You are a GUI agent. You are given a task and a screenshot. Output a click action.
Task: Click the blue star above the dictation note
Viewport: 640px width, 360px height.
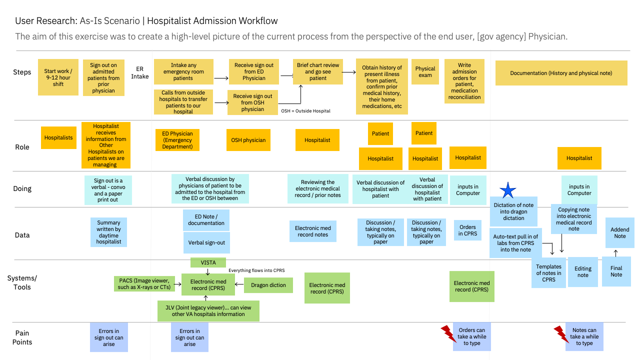coord(508,190)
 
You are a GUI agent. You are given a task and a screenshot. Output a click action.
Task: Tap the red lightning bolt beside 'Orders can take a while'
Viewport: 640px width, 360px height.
coord(448,333)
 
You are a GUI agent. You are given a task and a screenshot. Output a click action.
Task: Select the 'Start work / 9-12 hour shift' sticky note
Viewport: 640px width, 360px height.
coord(58,77)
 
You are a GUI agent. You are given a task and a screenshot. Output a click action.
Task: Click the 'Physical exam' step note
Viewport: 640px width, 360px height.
coord(425,71)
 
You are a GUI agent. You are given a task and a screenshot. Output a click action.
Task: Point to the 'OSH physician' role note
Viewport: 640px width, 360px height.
coord(248,140)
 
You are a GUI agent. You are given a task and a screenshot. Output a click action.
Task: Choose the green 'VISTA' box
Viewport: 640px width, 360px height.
coord(208,262)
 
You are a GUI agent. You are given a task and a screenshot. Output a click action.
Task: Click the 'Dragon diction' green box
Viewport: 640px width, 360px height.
coord(268,285)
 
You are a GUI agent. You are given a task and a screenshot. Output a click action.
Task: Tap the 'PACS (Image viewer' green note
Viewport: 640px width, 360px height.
coord(144,284)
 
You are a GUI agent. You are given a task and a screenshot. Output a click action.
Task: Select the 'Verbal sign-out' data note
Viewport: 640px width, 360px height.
coord(206,242)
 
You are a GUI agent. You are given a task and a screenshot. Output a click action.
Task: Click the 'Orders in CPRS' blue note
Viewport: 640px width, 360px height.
coord(467,230)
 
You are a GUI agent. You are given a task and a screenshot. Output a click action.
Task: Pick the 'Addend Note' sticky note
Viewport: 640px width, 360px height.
coord(619,232)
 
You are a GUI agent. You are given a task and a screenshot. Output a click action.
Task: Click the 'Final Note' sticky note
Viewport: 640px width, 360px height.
coord(616,271)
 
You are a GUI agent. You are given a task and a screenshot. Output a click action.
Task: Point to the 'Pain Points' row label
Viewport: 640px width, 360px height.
coord(22,337)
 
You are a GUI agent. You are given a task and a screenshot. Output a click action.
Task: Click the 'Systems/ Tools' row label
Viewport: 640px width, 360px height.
coord(22,282)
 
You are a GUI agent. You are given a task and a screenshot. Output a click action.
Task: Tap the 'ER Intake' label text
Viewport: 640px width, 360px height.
coord(140,72)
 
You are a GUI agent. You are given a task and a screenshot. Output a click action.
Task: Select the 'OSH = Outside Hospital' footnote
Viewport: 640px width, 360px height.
coord(305,111)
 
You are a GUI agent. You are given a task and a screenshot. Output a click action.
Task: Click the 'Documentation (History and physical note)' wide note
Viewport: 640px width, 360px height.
coord(561,73)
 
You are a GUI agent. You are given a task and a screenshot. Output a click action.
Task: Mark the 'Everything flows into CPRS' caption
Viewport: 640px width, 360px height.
coord(256,270)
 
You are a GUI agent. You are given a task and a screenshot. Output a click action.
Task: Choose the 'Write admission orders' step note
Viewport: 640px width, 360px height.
coord(464,81)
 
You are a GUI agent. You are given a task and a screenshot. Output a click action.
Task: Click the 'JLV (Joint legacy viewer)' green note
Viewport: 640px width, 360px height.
coord(208,310)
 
